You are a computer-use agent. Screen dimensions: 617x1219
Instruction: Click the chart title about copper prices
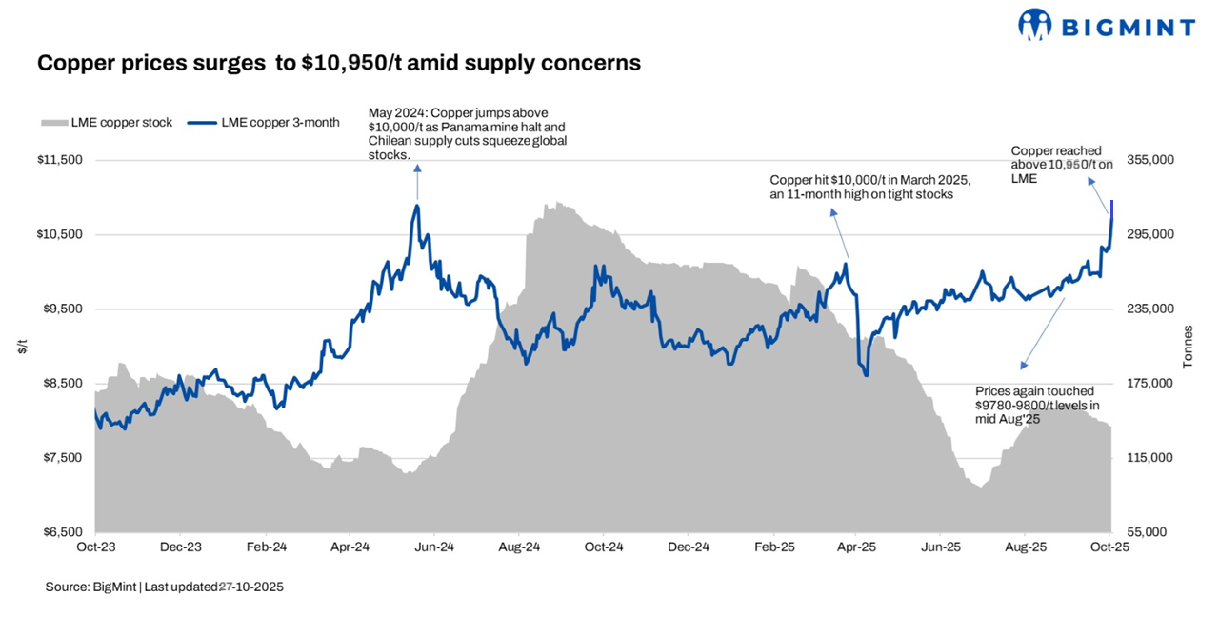click(338, 63)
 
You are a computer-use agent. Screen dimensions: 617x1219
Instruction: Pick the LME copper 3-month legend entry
click(264, 123)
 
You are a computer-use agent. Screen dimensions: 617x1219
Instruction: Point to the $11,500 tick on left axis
click(61, 160)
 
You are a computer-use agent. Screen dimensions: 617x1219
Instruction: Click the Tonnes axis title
click(1188, 347)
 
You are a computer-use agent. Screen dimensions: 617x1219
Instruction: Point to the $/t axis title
click(22, 347)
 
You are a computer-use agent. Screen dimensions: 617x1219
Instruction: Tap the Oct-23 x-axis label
click(95, 547)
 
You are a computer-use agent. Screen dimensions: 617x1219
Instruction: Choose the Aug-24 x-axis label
click(519, 547)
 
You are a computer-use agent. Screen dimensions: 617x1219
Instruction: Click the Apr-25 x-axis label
click(857, 547)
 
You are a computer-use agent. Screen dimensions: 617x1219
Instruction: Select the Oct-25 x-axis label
click(1110, 547)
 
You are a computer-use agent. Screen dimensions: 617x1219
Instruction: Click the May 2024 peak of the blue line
click(417, 205)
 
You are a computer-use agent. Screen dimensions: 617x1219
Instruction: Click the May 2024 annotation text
click(467, 133)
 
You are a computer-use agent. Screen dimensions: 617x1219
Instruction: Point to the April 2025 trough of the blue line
click(866, 374)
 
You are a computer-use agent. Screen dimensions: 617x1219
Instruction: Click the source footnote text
click(164, 587)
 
